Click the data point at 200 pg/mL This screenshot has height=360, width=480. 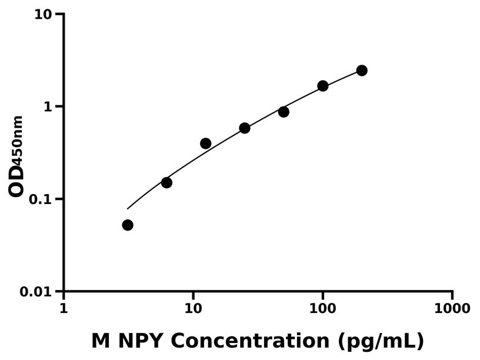pyautogui.click(x=362, y=71)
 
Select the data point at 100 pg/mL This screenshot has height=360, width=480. pyautogui.click(x=323, y=86)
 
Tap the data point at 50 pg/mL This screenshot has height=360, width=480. pyautogui.click(x=284, y=112)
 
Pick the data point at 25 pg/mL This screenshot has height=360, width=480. pyautogui.click(x=245, y=128)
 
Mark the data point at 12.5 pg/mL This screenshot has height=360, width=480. pyautogui.click(x=206, y=144)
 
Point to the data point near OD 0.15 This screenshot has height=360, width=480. pyautogui.click(x=166, y=183)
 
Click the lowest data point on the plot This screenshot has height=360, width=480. pyautogui.click(x=128, y=225)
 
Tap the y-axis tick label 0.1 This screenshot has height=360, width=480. pyautogui.click(x=41, y=199)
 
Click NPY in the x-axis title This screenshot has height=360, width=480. pyautogui.click(x=141, y=341)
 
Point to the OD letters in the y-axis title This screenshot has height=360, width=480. pyautogui.click(x=16, y=180)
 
